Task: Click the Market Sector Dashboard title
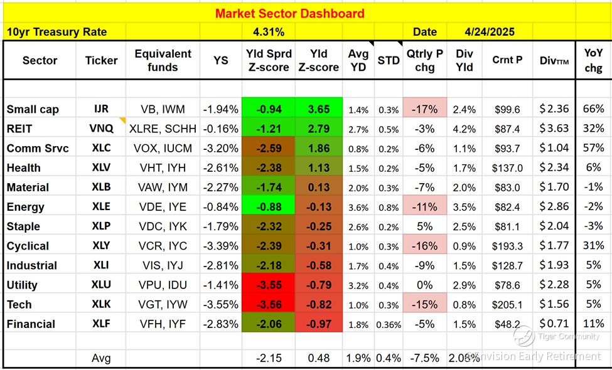[x=289, y=13]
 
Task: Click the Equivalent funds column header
[x=163, y=60]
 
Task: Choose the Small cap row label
[x=33, y=109]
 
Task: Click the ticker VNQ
[x=101, y=129]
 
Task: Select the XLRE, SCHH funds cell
[x=163, y=129]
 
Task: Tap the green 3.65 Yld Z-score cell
[x=319, y=109]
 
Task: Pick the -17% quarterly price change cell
[x=424, y=109]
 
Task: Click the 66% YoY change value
[x=593, y=109]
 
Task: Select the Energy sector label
[x=26, y=207]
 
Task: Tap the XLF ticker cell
[x=101, y=324]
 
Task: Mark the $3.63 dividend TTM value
[x=554, y=129]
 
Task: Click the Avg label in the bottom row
[x=101, y=358]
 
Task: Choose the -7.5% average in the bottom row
[x=424, y=358]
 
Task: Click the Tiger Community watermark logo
[x=523, y=337]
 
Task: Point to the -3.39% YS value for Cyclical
[x=221, y=246]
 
